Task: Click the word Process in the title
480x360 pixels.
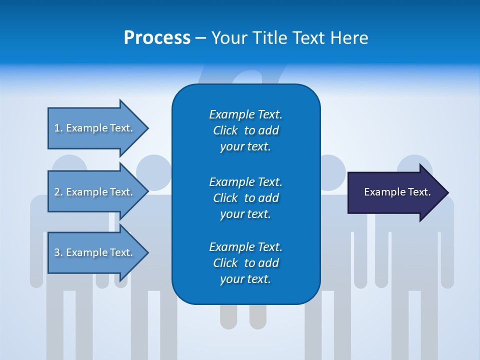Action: pyautogui.click(x=157, y=38)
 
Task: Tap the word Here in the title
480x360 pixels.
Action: pyautogui.click(x=349, y=38)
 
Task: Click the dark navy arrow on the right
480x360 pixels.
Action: pyautogui.click(x=395, y=192)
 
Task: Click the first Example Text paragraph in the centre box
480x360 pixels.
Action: pyautogui.click(x=245, y=130)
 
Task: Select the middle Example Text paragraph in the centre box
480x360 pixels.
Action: pyautogui.click(x=245, y=197)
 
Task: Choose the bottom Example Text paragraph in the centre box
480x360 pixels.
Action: pyautogui.click(x=245, y=262)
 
